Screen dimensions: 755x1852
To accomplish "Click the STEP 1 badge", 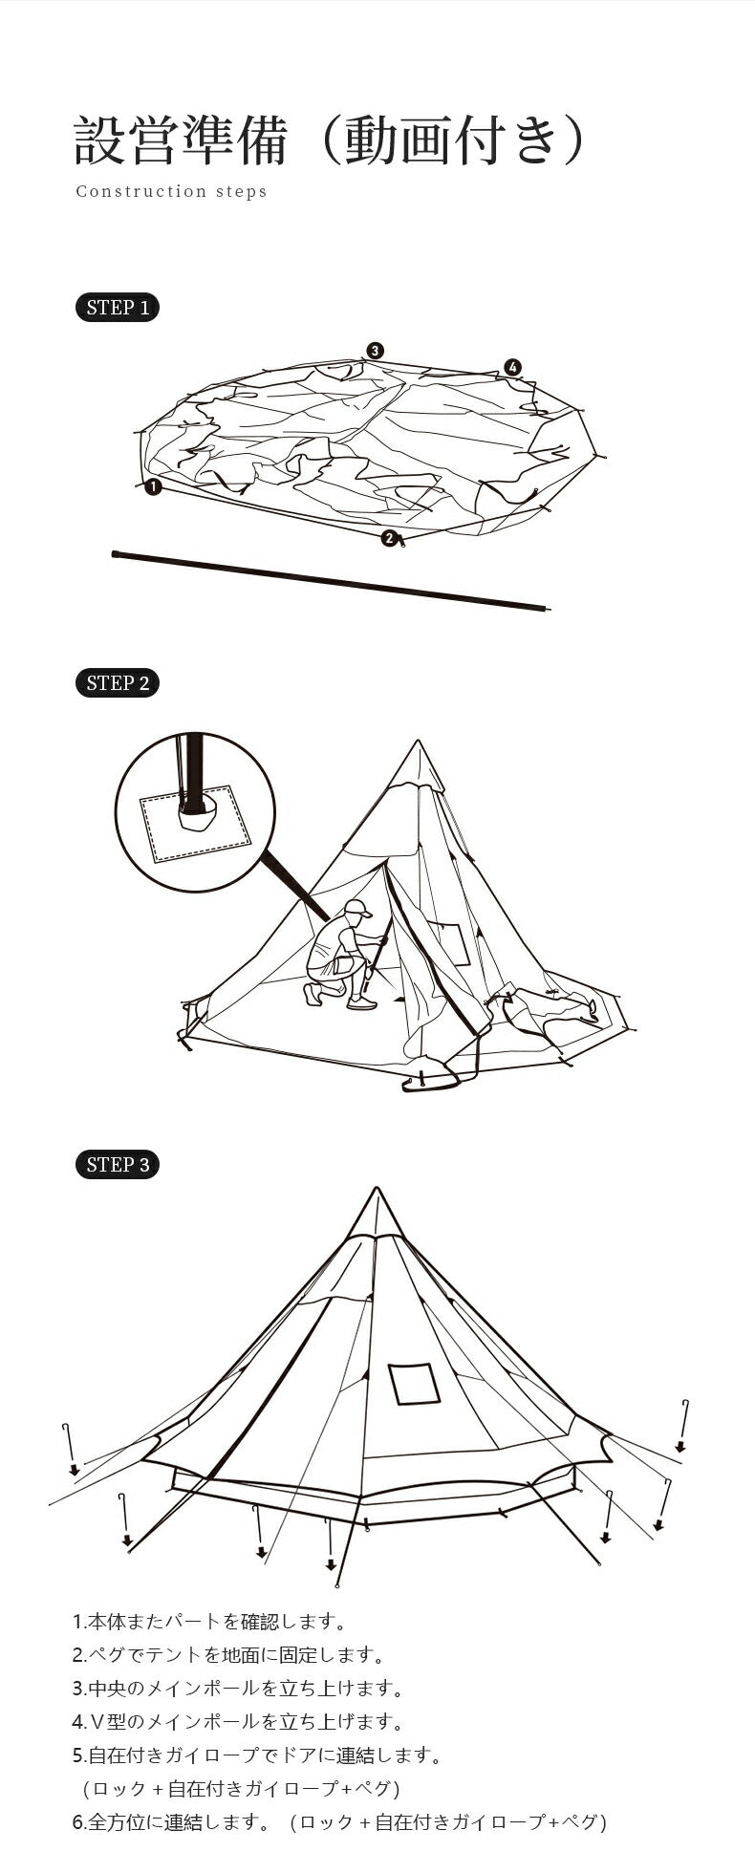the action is click(x=117, y=308).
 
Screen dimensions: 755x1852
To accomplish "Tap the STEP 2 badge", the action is click(x=117, y=683).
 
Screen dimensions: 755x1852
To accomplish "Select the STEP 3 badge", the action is click(x=117, y=1165).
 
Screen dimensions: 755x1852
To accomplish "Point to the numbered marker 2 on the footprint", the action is click(x=389, y=538).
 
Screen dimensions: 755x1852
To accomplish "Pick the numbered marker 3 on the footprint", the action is click(x=376, y=351).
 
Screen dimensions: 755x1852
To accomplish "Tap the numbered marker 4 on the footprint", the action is click(x=513, y=367).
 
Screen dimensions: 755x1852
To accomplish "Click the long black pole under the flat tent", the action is click(x=331, y=580).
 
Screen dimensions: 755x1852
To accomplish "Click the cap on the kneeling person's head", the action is click(x=356, y=908).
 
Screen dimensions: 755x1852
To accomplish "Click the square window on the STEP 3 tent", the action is click(x=414, y=1384).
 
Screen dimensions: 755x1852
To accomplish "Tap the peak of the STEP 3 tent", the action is click(x=377, y=1188).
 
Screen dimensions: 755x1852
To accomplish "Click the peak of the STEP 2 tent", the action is click(x=418, y=741).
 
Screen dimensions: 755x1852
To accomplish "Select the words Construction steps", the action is click(x=172, y=191).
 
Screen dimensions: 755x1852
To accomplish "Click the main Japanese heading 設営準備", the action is click(x=181, y=141).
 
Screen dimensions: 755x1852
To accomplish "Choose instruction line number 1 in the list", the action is click(x=209, y=1622).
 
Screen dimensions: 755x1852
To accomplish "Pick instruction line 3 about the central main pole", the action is click(x=238, y=1689).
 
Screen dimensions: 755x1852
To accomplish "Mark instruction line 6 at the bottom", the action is click(x=340, y=1822).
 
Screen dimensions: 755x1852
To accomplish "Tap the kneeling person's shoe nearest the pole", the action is click(x=361, y=1002).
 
